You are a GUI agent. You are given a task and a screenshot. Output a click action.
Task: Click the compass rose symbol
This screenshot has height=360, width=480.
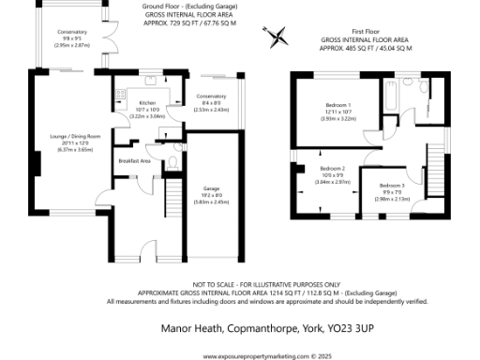[x=277, y=37]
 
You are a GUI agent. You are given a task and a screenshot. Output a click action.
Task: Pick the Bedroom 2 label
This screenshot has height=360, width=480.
[x=321, y=168]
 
